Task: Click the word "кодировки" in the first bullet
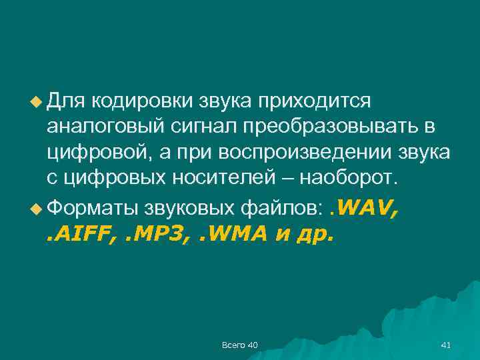point(142,101)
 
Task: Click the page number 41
point(446,345)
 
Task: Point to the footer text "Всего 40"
point(240,345)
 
